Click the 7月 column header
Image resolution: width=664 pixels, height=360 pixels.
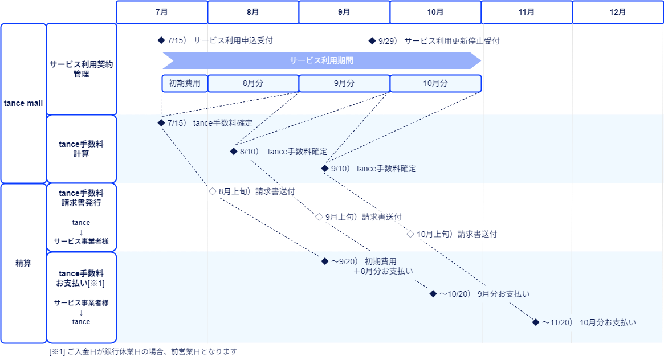[161, 12]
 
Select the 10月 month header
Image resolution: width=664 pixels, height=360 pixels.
[435, 12]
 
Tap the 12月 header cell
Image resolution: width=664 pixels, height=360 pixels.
[618, 12]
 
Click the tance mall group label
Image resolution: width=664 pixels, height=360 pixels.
[23, 103]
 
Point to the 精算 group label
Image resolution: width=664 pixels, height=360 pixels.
[23, 263]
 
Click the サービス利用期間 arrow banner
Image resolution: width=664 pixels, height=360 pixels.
[321, 60]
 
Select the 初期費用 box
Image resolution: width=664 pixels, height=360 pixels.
[185, 83]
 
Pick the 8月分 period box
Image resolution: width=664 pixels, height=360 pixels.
[253, 83]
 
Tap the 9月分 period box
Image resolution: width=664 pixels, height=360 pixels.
[344, 83]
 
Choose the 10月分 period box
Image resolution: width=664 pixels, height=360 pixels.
[435, 83]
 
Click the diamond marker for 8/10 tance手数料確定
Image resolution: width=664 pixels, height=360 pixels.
[233, 152]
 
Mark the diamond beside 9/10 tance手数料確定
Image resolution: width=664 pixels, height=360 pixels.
[325, 169]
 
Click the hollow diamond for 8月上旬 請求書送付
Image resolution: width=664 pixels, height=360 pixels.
[212, 191]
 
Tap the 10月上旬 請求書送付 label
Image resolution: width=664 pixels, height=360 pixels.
[457, 234]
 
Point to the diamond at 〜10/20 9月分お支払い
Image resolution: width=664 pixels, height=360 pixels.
[433, 294]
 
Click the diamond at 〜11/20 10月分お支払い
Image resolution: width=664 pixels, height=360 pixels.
[535, 322]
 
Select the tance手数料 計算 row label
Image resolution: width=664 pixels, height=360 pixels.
[82, 149]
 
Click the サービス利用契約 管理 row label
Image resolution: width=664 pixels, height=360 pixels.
[82, 69]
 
